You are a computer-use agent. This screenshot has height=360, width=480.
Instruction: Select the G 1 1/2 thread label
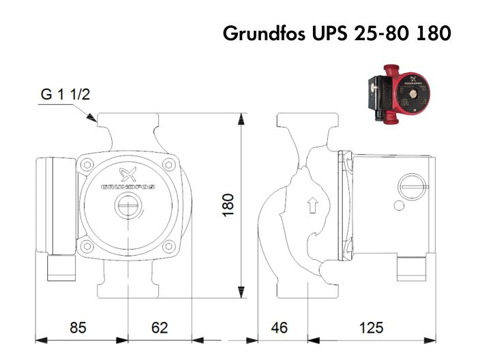coord(65,95)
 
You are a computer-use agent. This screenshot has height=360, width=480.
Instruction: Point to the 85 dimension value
coord(78,327)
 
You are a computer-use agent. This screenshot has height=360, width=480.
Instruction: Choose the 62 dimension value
coord(159,327)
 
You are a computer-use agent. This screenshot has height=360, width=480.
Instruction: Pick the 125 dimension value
coord(371,327)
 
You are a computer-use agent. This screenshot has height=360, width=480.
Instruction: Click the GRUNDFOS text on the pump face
coord(127,186)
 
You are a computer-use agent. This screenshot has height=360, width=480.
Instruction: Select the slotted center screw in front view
coord(127,205)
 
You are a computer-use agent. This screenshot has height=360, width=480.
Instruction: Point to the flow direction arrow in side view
coord(313,205)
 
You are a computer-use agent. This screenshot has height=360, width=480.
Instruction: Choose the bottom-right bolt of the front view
coord(169,247)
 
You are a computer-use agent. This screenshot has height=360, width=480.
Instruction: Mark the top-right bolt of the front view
coord(169,164)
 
